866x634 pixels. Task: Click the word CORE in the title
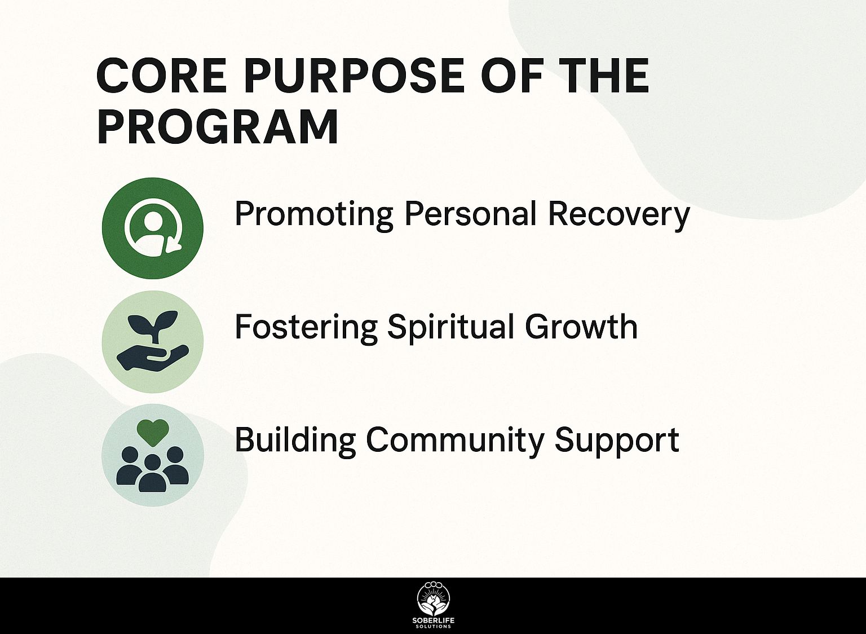(x=161, y=75)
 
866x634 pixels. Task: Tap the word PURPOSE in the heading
(x=354, y=75)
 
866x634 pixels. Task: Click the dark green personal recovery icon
(x=153, y=228)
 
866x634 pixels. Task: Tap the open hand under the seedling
(x=152, y=358)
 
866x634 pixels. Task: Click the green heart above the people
(x=153, y=433)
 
